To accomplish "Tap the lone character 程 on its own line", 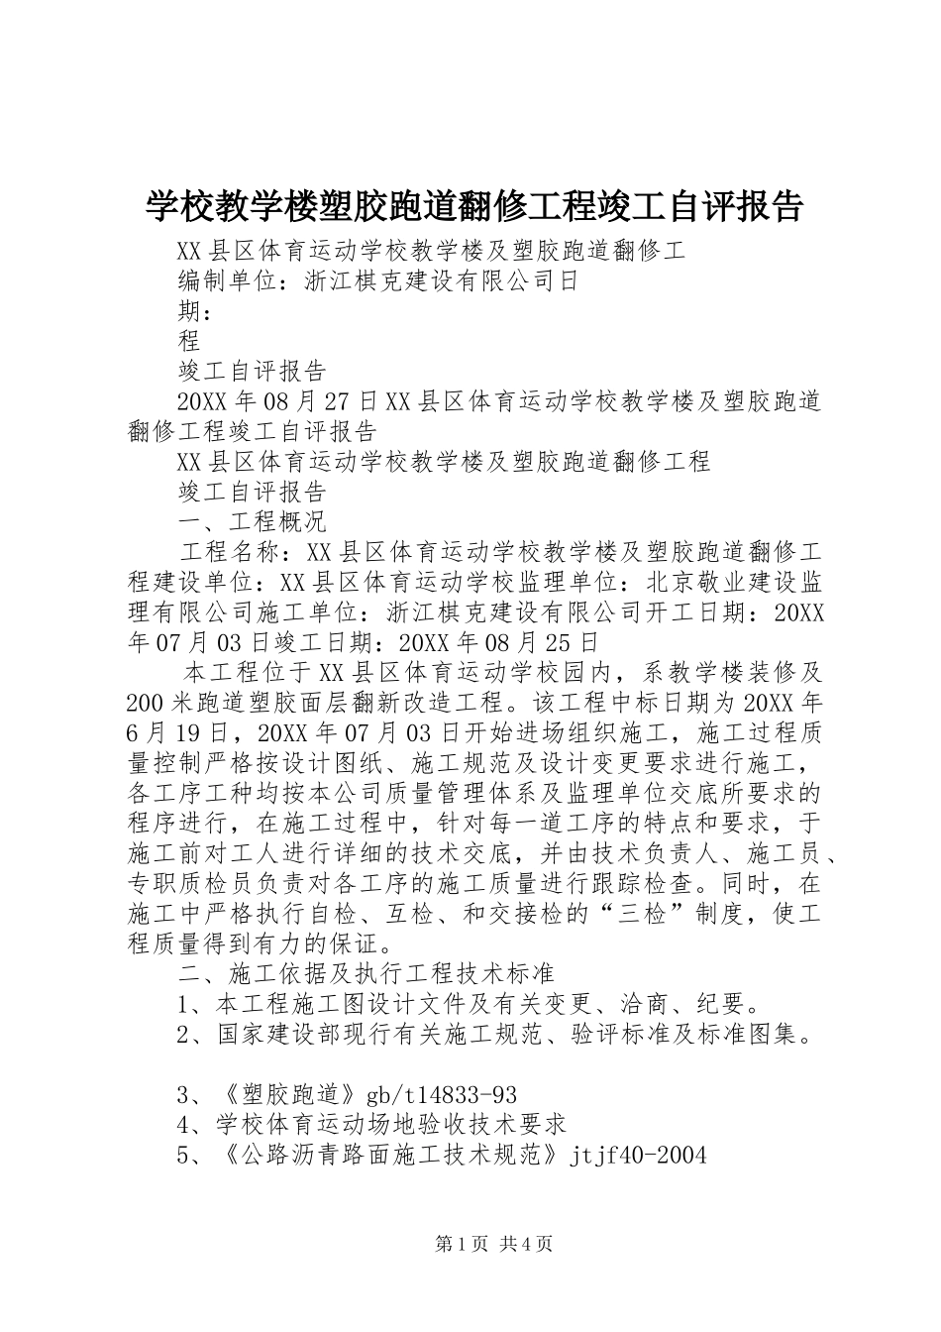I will click(189, 341).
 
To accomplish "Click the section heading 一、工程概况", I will click(253, 520).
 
